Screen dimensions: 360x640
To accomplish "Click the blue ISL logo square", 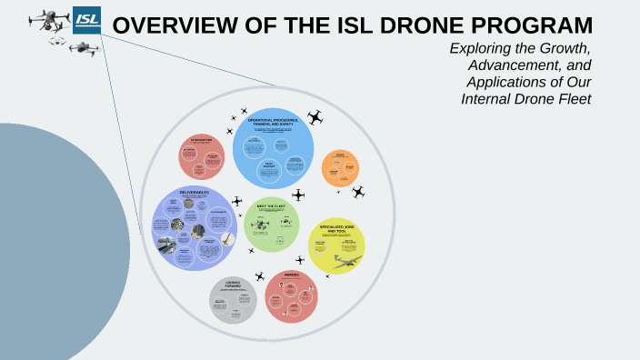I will tap(88, 20).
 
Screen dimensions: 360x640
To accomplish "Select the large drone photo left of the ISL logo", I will tap(49, 21).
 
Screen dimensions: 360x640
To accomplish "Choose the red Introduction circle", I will tap(201, 155).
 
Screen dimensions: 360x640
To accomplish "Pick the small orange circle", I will tap(340, 167).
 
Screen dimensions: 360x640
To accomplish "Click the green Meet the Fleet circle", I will tap(272, 224).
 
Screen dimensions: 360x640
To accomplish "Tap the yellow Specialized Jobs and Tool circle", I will tap(336, 246).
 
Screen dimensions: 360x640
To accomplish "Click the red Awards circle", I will tap(291, 296).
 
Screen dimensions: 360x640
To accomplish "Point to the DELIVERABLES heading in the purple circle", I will tap(194, 192).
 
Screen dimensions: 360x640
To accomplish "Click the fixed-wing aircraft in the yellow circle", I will tap(345, 261).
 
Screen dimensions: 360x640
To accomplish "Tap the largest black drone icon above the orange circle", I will tap(315, 117).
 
